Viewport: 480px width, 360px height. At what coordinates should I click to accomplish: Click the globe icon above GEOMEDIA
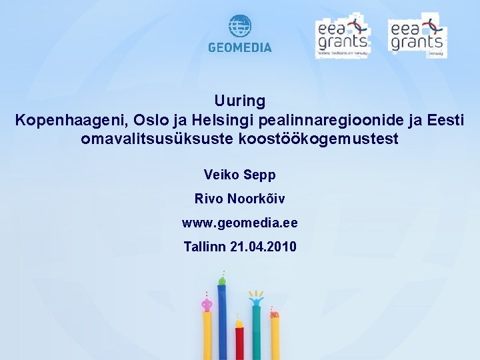pyautogui.click(x=240, y=27)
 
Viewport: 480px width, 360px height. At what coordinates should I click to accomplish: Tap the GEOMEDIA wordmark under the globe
pyautogui.click(x=240, y=48)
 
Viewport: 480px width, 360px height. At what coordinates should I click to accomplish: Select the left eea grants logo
pyautogui.click(x=341, y=37)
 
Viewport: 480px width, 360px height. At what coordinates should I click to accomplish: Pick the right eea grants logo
pyautogui.click(x=417, y=35)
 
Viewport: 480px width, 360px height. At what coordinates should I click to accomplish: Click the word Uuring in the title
pyautogui.click(x=240, y=101)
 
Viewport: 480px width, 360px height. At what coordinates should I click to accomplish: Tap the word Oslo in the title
pyautogui.click(x=151, y=121)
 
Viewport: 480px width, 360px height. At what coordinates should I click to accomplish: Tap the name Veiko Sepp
pyautogui.click(x=240, y=175)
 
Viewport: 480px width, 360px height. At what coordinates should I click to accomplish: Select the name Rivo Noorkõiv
pyautogui.click(x=240, y=199)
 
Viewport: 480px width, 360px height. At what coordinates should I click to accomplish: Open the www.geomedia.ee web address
pyautogui.click(x=240, y=223)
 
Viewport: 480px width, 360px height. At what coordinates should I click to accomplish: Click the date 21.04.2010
pyautogui.click(x=263, y=247)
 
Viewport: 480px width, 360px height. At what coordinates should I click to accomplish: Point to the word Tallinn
pyautogui.click(x=204, y=247)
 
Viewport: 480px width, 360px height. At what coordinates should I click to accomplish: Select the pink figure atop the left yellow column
pyautogui.click(x=207, y=305)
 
